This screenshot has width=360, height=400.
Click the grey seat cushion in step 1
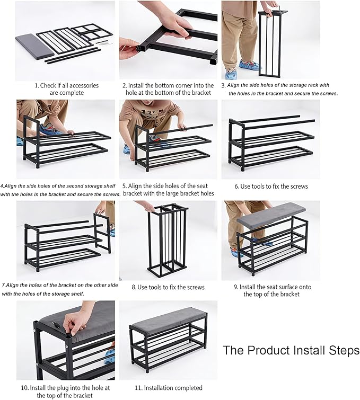pos(35,45)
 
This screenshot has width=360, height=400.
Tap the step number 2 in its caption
pos(124,85)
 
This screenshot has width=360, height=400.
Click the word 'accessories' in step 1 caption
pos(84,85)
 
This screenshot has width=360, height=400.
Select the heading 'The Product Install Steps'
pos(291,350)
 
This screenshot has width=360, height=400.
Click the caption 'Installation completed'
pos(173,388)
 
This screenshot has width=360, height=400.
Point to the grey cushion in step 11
pos(169,321)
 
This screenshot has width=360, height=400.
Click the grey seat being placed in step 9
pos(271,213)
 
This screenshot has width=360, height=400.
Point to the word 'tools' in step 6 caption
pos(259,186)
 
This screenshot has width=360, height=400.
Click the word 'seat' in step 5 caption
pos(202,186)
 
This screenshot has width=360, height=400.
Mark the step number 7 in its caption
pos(3,285)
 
